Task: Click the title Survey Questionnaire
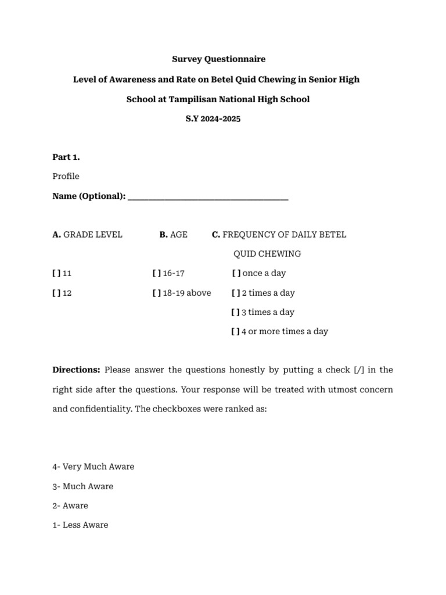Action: [218, 59]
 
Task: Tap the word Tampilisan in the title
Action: [195, 99]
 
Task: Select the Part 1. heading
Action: [66, 157]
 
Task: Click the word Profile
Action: [66, 176]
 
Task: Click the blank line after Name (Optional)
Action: [207, 197]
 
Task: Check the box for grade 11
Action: [56, 273]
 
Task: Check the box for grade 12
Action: [56, 293]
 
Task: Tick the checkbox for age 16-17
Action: [157, 273]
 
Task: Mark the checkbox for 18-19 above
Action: [157, 293]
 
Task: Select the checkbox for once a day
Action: [236, 273]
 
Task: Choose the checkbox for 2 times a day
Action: [236, 293]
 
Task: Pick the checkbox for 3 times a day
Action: [236, 312]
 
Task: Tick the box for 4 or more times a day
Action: [236, 331]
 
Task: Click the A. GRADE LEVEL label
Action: [87, 235]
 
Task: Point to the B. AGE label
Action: [173, 235]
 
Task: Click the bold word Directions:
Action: [76, 370]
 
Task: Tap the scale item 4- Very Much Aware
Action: [93, 467]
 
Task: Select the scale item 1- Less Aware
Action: [80, 525]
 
